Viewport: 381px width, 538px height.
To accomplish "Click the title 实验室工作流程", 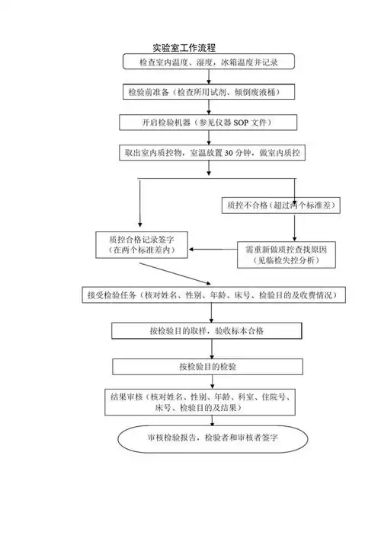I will [184, 47].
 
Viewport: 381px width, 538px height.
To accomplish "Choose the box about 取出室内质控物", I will [213, 153].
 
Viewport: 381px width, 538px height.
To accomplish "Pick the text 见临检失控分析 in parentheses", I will [287, 261].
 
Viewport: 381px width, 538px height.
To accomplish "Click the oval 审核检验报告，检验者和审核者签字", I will [213, 438].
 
